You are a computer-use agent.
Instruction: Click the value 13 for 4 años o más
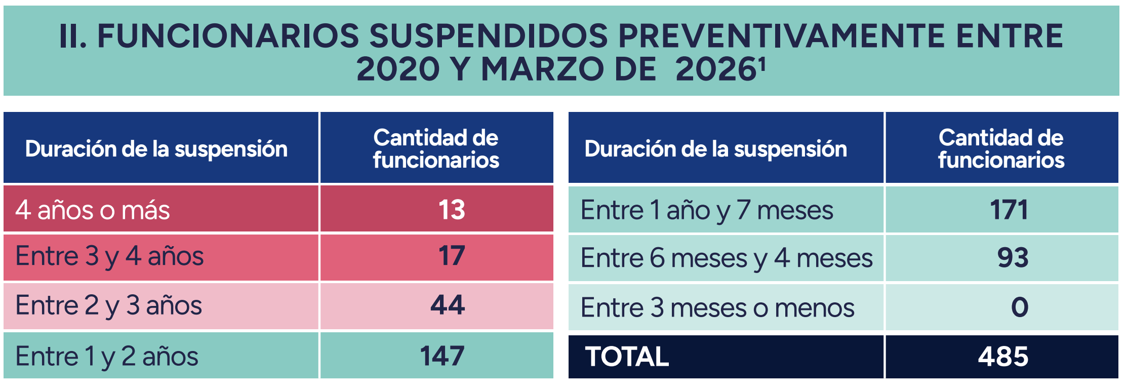(452, 210)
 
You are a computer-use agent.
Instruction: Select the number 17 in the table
(452, 256)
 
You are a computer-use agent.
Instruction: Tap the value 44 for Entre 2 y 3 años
(448, 305)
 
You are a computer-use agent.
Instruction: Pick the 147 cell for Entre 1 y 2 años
(442, 356)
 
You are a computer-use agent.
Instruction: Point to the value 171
(1009, 210)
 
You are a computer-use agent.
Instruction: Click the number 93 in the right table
(1013, 257)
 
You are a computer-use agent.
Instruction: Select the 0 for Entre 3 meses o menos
(1020, 307)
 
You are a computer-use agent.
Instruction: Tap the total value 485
(1003, 356)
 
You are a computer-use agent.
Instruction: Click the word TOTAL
(627, 356)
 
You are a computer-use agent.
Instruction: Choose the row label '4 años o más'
(93, 210)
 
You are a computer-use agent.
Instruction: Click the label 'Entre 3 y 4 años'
(109, 256)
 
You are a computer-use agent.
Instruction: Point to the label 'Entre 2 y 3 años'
(109, 305)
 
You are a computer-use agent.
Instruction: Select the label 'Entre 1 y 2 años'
(107, 356)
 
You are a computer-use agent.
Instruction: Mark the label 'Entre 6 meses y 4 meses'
(727, 258)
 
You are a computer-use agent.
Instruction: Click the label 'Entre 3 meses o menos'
(717, 307)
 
